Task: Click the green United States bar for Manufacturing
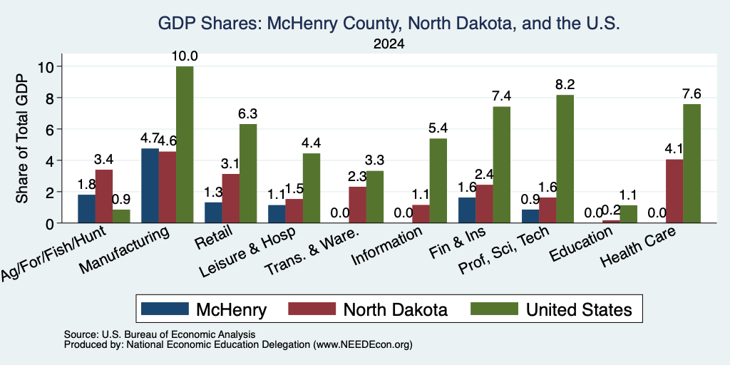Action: coord(185,144)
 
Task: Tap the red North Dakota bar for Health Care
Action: coord(674,191)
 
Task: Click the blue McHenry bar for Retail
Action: coord(213,212)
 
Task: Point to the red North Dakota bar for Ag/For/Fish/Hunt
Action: coord(104,197)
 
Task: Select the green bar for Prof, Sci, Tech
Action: coord(565,159)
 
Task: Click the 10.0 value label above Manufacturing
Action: coord(185,56)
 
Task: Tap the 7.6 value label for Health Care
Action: coord(692,94)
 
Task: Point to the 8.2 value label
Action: coord(565,85)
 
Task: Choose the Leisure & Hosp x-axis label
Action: coord(247,253)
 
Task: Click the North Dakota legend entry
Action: coord(395,309)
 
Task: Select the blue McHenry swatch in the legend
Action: coord(165,309)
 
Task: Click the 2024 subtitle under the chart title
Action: coord(389,44)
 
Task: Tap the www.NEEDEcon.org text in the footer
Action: coord(363,345)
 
